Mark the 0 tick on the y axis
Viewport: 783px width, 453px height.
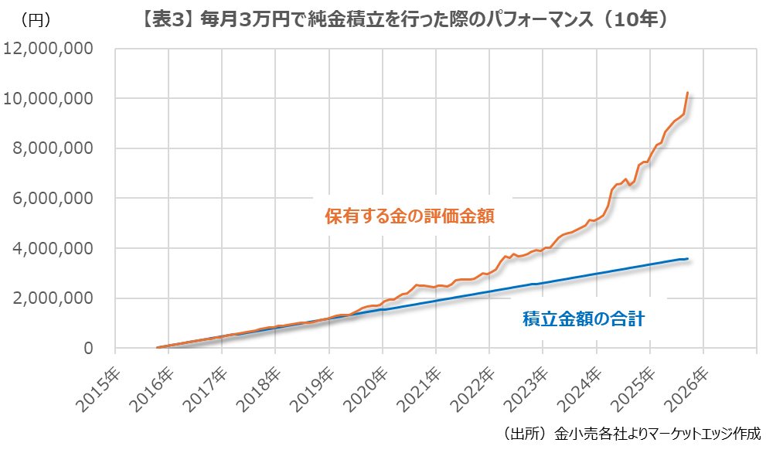point(88,349)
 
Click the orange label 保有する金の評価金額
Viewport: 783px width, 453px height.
point(410,216)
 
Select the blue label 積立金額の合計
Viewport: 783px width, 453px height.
point(584,318)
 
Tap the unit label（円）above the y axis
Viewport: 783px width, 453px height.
point(36,21)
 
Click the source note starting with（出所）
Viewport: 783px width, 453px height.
point(631,433)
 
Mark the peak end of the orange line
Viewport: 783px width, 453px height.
point(687,93)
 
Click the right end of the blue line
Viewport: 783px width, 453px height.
point(687,258)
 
